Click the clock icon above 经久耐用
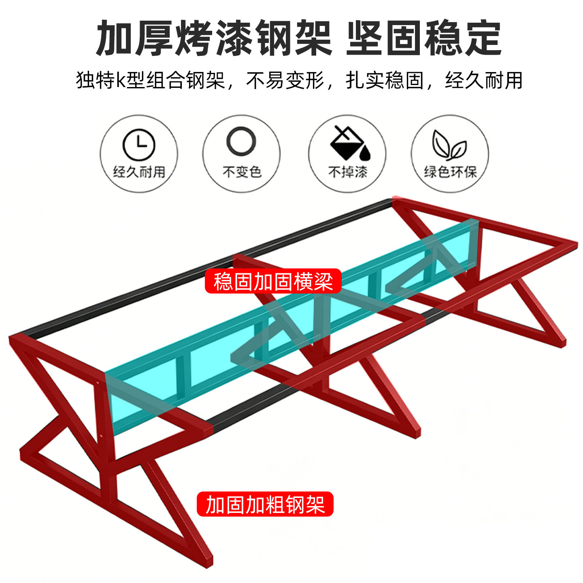coord(139,145)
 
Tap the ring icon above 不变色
coord(241,142)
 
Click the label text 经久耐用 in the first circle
coord(139,172)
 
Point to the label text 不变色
coord(242,172)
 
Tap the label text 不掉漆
coord(347,172)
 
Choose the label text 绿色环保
coord(450,172)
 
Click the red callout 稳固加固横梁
coord(273,281)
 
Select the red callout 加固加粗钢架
coord(265,504)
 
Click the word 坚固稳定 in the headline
coord(424,38)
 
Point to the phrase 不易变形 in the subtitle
coord(285,80)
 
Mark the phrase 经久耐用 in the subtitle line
coord(484,80)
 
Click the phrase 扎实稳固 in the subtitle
coord(385,80)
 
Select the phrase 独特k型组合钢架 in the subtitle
coord(150,80)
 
